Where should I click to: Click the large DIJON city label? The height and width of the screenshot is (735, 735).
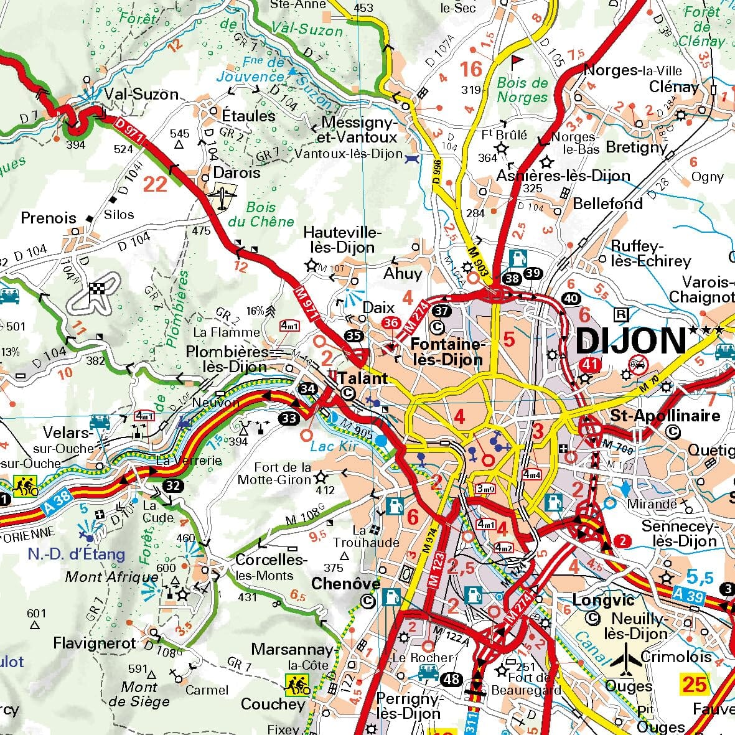click(630, 342)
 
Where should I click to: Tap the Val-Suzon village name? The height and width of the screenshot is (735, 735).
click(141, 95)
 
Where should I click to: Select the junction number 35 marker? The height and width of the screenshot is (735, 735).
click(353, 337)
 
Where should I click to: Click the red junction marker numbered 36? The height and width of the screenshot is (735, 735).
click(391, 322)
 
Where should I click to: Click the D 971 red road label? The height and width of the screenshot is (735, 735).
click(130, 132)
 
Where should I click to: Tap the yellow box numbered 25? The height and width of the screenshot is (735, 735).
click(695, 684)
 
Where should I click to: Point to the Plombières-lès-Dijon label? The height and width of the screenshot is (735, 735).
click(228, 359)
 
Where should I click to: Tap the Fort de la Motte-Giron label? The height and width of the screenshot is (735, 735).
click(283, 474)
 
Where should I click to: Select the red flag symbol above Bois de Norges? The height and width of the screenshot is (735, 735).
click(517, 62)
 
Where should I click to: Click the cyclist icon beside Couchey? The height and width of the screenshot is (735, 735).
click(297, 685)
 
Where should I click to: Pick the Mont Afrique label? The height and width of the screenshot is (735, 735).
click(112, 577)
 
